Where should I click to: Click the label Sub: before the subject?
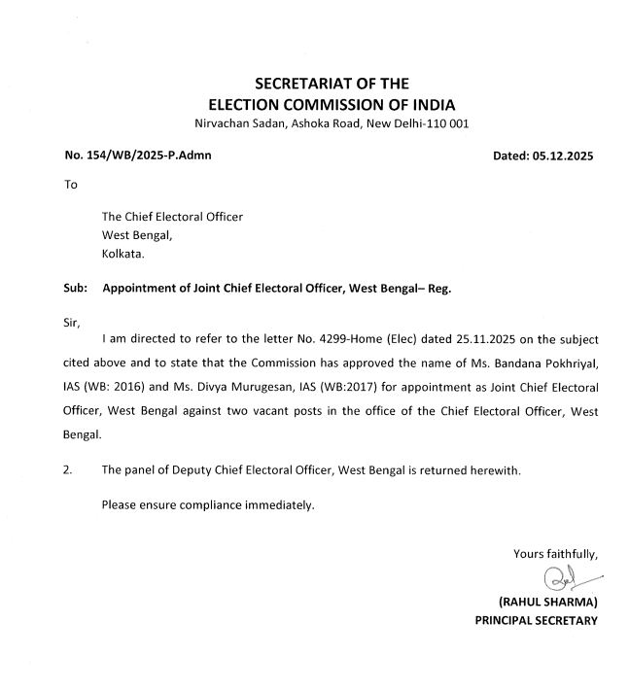[76, 289]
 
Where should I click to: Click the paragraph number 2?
[67, 470]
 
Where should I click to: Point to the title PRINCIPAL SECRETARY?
[537, 620]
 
